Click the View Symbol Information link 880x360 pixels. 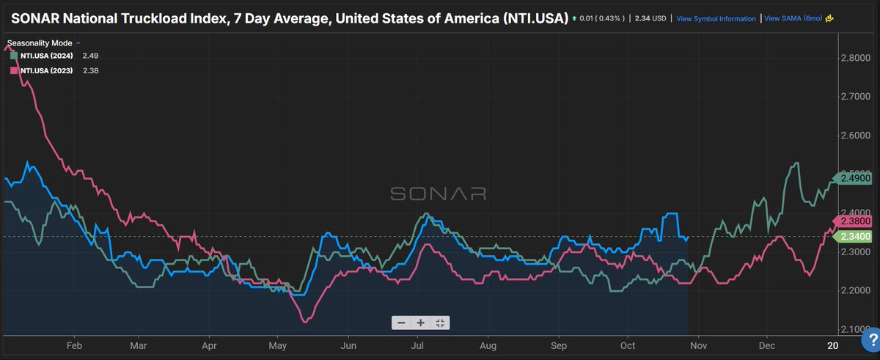pos(715,18)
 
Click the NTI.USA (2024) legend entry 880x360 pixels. pos(45,56)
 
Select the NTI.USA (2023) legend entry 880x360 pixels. pos(45,70)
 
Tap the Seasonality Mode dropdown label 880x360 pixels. pos(40,43)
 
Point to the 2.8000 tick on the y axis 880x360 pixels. pos(854,58)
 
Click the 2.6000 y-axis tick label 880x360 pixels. pos(854,136)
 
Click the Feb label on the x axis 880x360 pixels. pos(73,344)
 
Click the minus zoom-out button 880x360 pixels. pos(401,323)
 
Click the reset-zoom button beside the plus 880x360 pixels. pos(440,323)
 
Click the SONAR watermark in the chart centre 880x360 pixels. pos(439,194)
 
